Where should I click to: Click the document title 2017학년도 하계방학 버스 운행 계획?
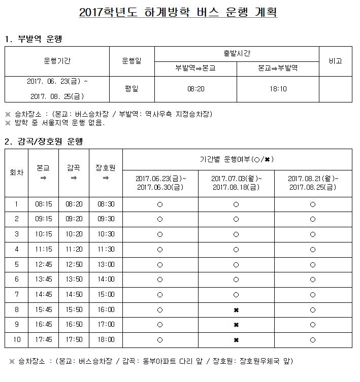click(x=178, y=13)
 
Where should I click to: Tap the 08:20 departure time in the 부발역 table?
click(x=195, y=89)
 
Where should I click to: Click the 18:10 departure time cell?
click(x=278, y=89)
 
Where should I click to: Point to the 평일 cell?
click(x=132, y=89)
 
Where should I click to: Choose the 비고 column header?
click(x=335, y=61)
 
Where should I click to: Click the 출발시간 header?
click(x=236, y=53)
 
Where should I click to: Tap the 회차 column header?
click(x=17, y=172)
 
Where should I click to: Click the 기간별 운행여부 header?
click(x=236, y=159)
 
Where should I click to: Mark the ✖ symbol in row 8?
click(x=236, y=310)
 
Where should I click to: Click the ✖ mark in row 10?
click(x=236, y=340)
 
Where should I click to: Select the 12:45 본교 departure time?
click(x=43, y=264)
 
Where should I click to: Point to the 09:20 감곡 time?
click(x=75, y=219)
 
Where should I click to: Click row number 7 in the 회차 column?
click(x=17, y=295)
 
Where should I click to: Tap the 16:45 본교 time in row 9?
click(x=43, y=325)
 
